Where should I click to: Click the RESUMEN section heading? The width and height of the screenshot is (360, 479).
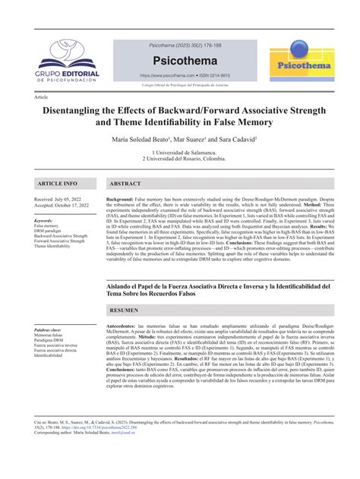(x=125, y=311)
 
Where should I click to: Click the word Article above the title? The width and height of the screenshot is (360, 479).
(x=41, y=98)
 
